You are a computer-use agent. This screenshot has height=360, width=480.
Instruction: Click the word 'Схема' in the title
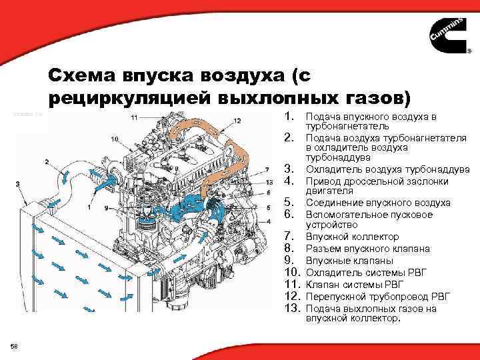86,75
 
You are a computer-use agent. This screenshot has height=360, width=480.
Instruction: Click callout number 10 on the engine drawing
114,139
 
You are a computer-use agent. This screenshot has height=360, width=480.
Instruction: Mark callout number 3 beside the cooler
17,184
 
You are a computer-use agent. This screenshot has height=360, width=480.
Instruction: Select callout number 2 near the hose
47,162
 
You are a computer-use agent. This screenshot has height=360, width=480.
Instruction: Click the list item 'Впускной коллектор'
343,237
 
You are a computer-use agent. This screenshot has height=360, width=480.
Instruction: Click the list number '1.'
290,117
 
